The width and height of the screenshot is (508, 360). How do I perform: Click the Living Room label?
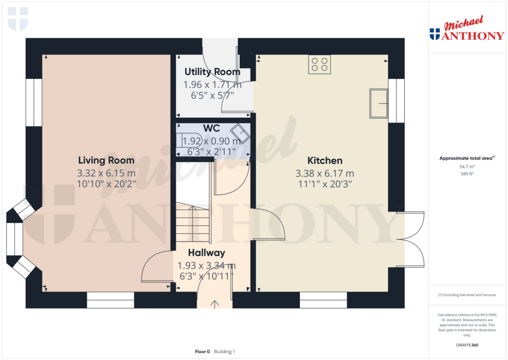click(x=106, y=160)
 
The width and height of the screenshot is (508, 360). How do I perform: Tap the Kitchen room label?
click(x=325, y=160)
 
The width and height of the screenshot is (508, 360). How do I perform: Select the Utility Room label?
click(x=212, y=72)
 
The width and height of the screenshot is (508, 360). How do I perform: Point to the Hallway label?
click(x=206, y=253)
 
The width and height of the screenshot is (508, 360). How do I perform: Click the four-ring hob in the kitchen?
click(x=319, y=64)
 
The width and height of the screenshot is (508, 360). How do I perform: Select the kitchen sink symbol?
click(x=379, y=103)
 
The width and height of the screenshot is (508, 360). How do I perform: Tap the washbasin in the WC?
click(x=242, y=133)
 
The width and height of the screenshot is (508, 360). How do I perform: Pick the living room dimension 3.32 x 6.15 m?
click(x=106, y=173)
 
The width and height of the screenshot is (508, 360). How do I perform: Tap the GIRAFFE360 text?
click(x=467, y=345)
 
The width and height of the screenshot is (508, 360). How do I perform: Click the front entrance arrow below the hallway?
click(x=215, y=303)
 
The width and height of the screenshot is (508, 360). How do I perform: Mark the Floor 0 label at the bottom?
click(x=202, y=352)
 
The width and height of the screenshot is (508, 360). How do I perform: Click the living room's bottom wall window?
click(x=110, y=300)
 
